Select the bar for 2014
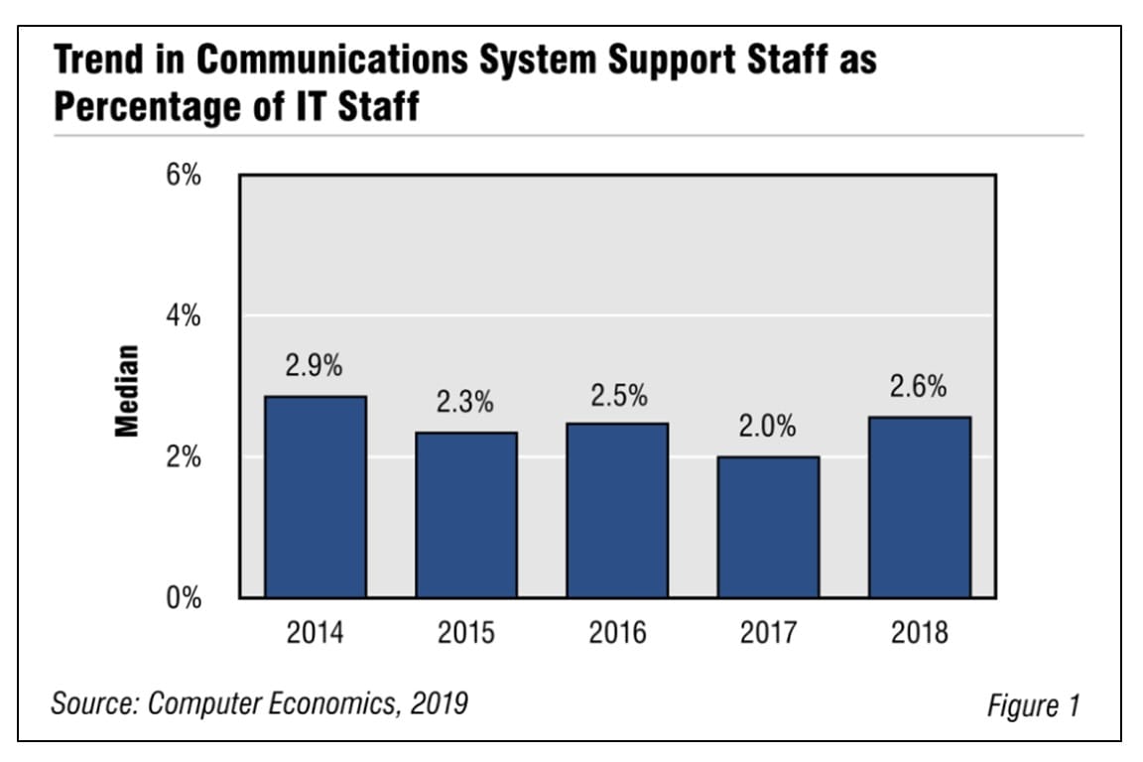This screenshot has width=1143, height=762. (316, 497)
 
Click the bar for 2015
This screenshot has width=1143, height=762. (466, 515)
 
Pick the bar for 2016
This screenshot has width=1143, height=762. (617, 510)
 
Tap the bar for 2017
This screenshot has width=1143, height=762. (768, 527)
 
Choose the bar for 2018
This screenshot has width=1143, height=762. (919, 507)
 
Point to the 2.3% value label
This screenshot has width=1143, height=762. (464, 403)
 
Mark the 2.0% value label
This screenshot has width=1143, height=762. (767, 428)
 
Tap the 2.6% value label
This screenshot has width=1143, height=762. (918, 387)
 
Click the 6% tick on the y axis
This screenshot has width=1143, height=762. (184, 176)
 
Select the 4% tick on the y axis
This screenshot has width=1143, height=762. (184, 317)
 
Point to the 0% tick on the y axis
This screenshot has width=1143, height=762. (184, 599)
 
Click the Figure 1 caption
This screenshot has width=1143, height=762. (1033, 705)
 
